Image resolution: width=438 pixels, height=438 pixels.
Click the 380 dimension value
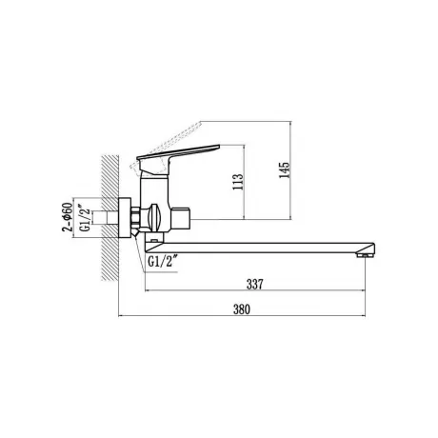click(242, 309)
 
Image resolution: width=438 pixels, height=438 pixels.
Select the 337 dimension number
click(255, 284)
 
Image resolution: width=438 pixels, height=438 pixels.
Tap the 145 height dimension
click(284, 170)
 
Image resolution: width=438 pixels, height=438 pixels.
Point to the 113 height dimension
click(238, 182)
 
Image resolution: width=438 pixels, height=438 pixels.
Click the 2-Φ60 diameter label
click(68, 217)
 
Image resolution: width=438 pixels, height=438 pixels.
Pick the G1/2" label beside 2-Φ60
click(85, 219)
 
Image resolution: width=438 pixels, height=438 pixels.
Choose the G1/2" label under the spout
click(162, 262)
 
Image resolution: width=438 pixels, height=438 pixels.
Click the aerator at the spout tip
click(365, 254)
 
